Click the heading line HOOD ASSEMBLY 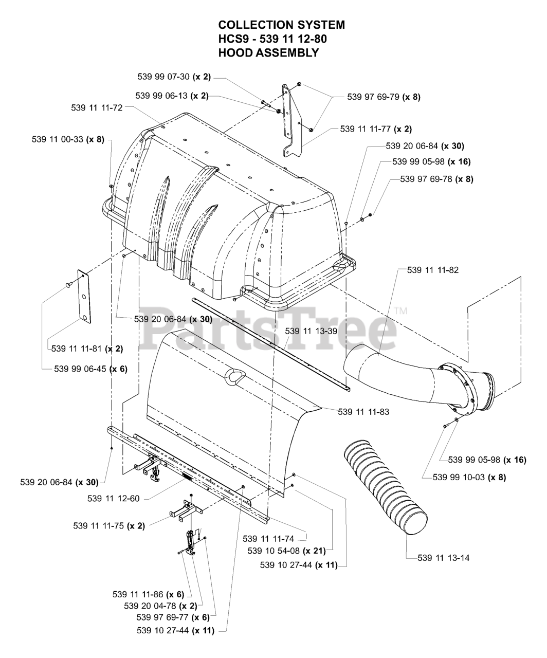pyautogui.click(x=268, y=52)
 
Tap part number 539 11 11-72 pyautogui.click(x=97, y=108)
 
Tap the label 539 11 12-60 pyautogui.click(x=114, y=498)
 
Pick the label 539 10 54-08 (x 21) pyautogui.click(x=287, y=551)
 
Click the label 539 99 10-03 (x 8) pyautogui.click(x=469, y=477)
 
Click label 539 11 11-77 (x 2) pyautogui.click(x=376, y=129)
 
